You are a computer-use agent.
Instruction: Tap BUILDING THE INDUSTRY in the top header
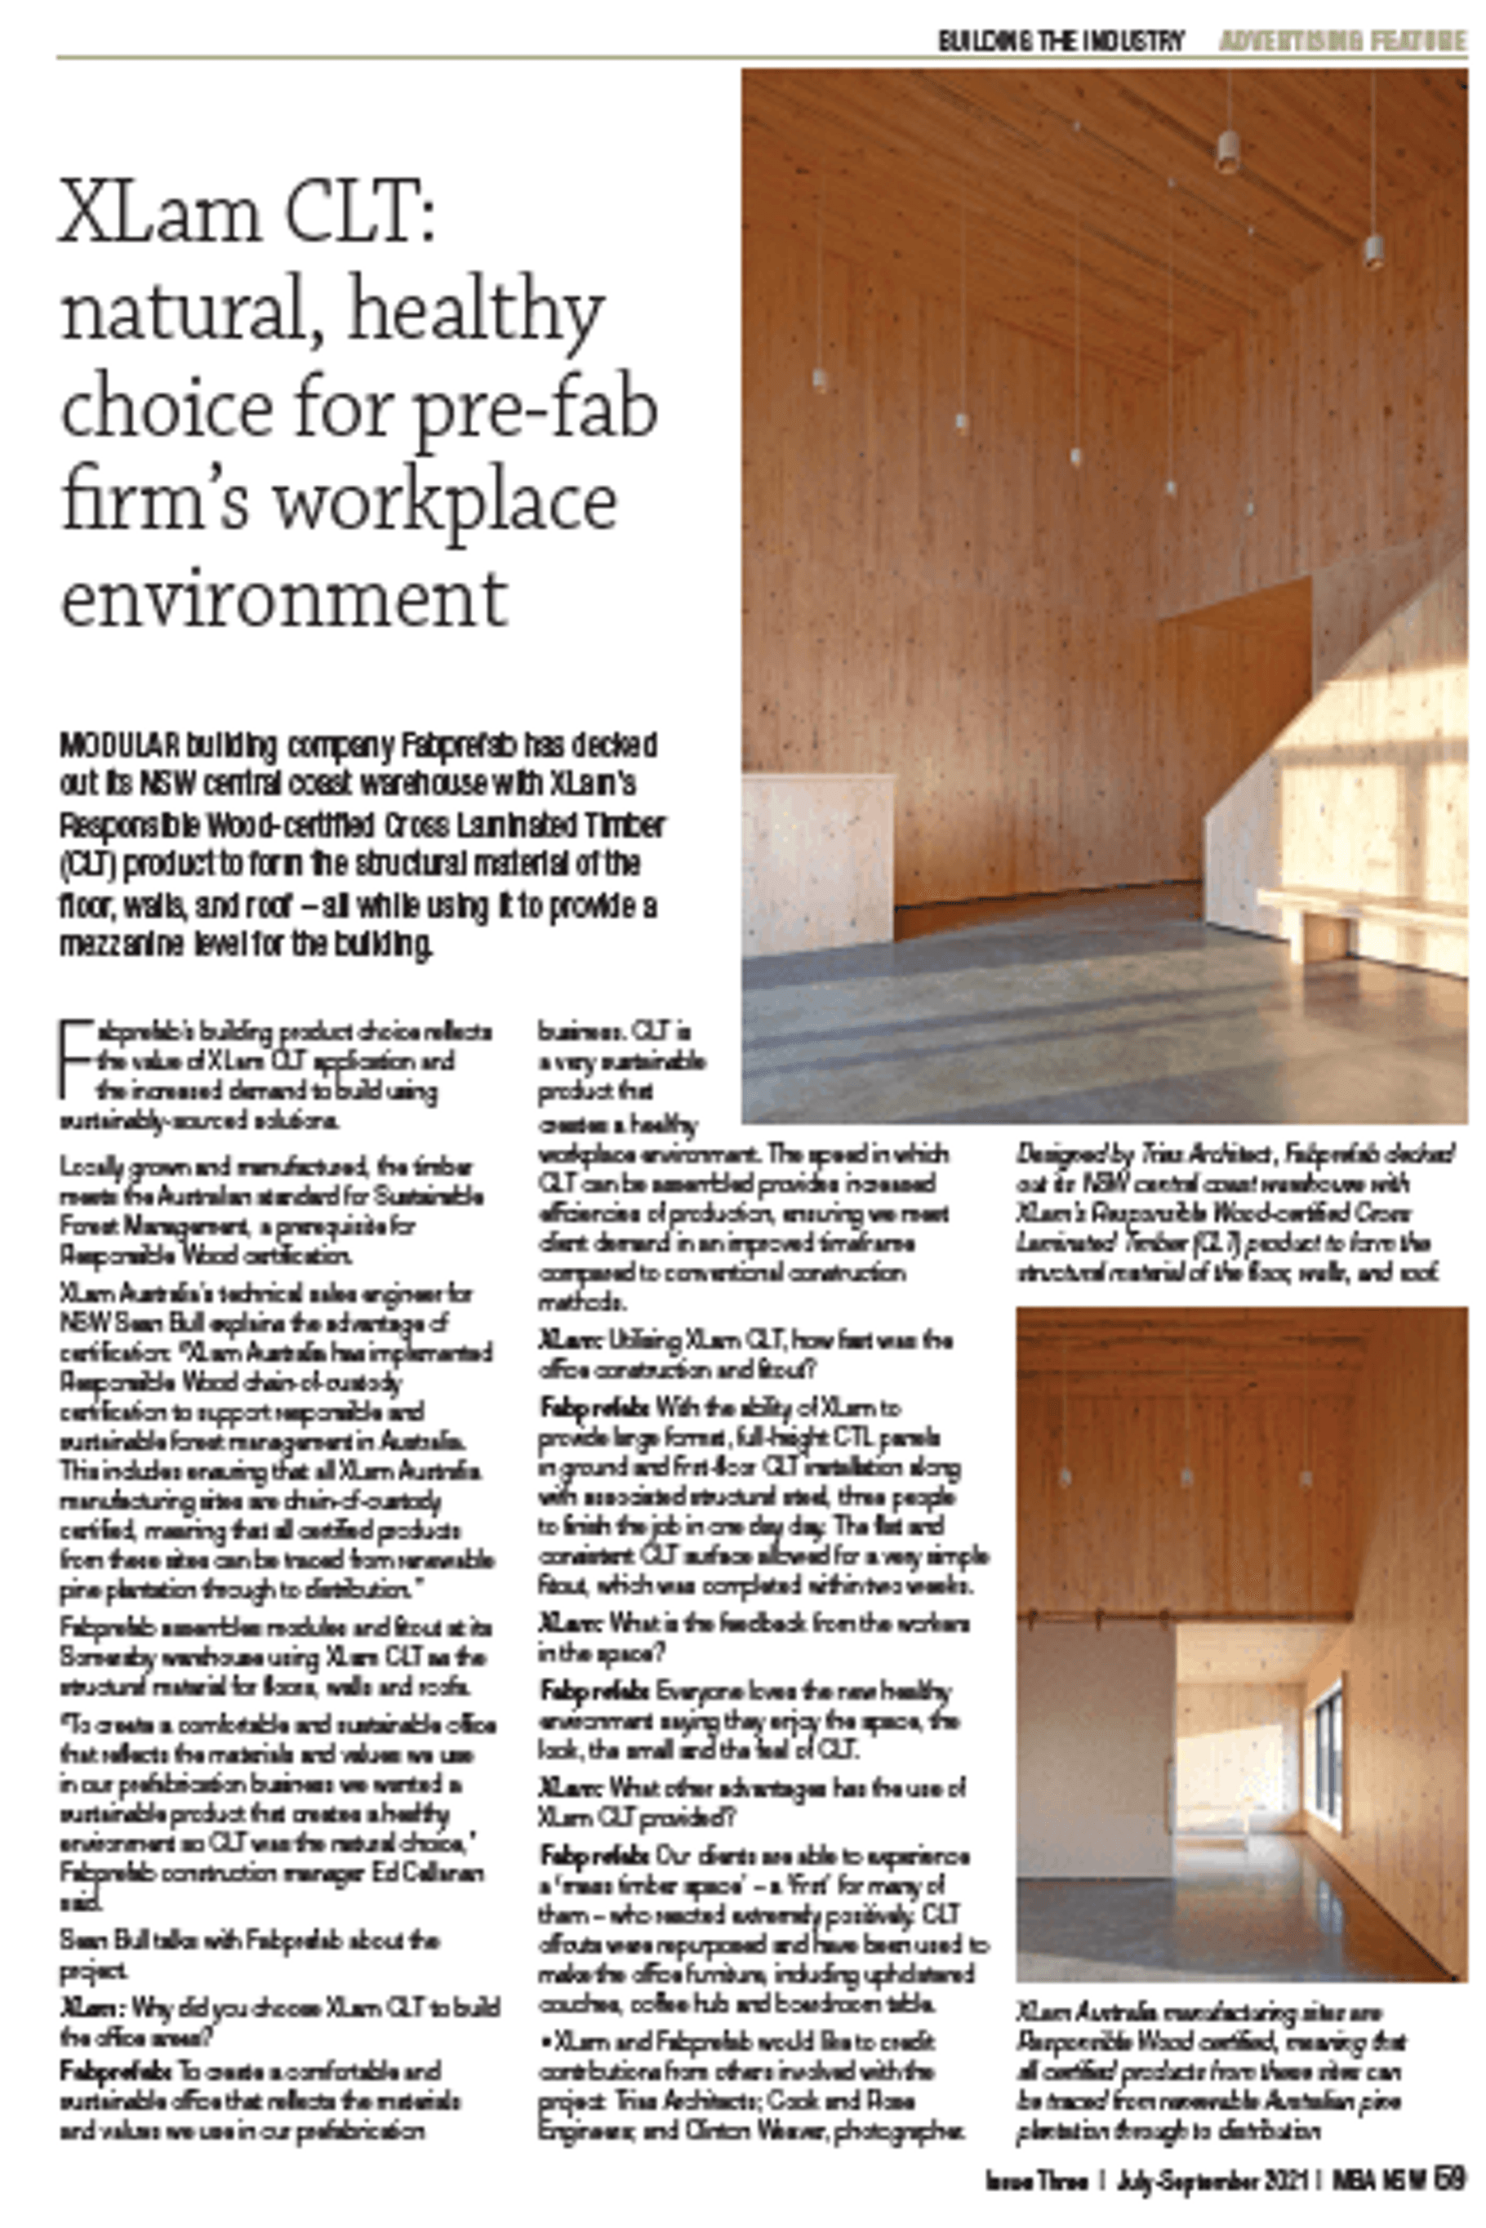click(1061, 41)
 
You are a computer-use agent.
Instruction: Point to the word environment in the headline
click(284, 599)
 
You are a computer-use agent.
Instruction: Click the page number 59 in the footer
click(1450, 2177)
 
